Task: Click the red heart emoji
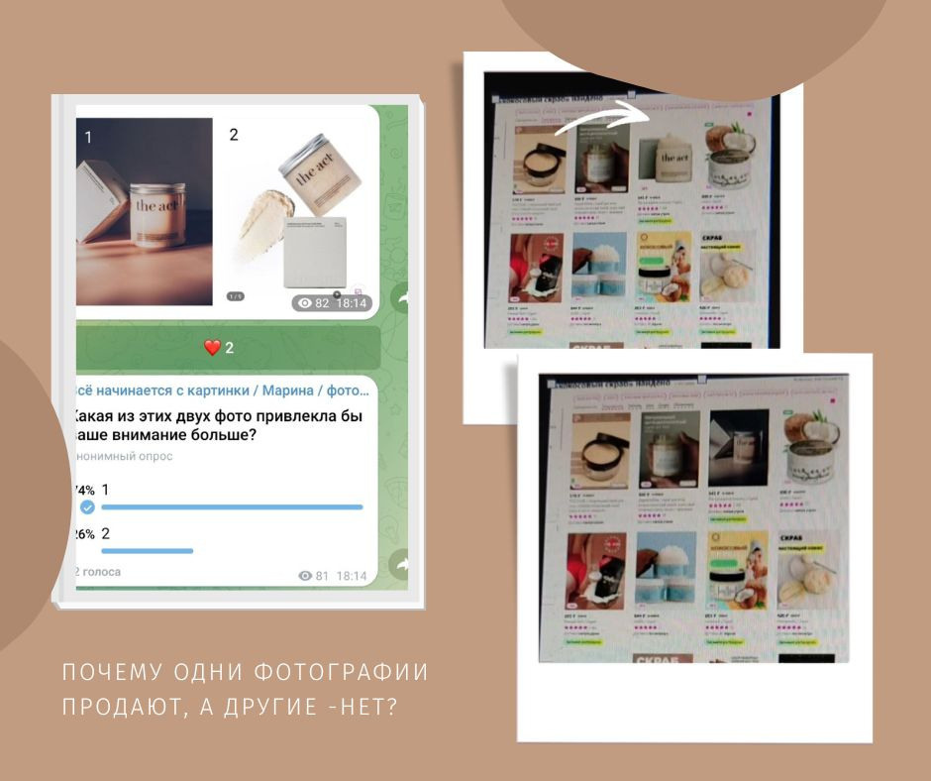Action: click(212, 347)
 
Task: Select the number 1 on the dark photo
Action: click(87, 138)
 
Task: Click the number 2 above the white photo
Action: click(234, 135)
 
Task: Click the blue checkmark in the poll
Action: click(87, 507)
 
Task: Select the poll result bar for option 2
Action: click(147, 551)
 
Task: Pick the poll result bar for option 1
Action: click(232, 507)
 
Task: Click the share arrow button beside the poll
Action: click(403, 564)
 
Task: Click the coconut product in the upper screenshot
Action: click(729, 157)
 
